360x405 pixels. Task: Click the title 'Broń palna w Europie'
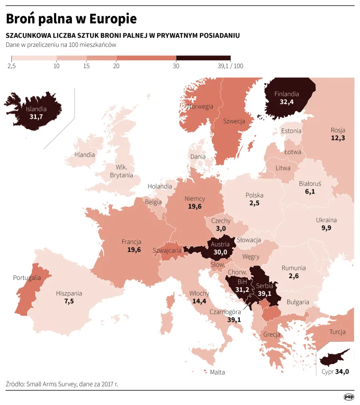71,19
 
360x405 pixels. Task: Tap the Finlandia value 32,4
286,102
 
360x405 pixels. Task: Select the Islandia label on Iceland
36,109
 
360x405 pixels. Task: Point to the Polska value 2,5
254,203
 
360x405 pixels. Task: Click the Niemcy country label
195,199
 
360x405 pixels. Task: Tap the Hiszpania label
69,294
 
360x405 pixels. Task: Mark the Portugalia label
27,278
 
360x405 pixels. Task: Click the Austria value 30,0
220,252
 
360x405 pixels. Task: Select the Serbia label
264,286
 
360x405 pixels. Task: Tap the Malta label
217,372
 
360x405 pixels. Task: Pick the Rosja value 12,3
338,138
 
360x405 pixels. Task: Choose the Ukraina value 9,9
326,228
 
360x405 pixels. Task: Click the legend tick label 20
116,66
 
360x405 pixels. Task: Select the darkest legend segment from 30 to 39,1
203,58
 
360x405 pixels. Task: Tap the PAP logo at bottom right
349,396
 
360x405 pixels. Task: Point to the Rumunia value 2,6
293,276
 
